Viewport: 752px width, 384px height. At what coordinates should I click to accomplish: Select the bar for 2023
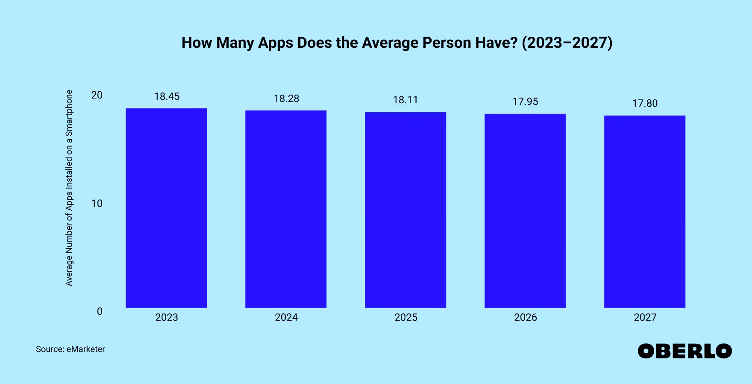click(x=166, y=208)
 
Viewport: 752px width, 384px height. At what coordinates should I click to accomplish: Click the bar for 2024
click(x=286, y=209)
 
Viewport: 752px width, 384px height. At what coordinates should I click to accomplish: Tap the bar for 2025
click(x=405, y=210)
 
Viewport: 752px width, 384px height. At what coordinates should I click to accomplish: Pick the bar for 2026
click(x=525, y=211)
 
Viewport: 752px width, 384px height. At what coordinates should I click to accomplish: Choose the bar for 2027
click(x=645, y=212)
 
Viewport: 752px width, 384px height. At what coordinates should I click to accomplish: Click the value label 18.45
click(x=167, y=96)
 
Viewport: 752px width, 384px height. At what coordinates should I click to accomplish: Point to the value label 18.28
click(x=286, y=99)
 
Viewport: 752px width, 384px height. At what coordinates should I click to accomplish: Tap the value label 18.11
click(x=405, y=100)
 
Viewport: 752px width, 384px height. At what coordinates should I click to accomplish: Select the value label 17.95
click(x=525, y=102)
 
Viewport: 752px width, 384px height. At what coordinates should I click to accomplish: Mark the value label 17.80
click(x=645, y=103)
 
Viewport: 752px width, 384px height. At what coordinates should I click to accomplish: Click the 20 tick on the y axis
click(x=97, y=95)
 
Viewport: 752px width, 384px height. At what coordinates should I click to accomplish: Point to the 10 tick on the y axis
click(x=97, y=204)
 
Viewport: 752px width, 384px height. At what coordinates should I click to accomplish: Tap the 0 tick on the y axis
click(x=100, y=311)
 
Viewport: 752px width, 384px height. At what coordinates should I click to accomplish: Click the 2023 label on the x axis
click(x=167, y=317)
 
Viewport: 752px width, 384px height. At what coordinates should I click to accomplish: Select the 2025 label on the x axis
click(x=406, y=317)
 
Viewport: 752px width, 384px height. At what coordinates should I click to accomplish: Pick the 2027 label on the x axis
click(x=645, y=317)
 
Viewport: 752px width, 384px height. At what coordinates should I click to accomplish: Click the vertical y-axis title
click(x=69, y=188)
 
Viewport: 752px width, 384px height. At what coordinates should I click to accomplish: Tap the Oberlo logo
click(x=684, y=351)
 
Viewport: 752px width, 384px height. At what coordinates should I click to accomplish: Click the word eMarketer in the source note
click(x=85, y=349)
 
